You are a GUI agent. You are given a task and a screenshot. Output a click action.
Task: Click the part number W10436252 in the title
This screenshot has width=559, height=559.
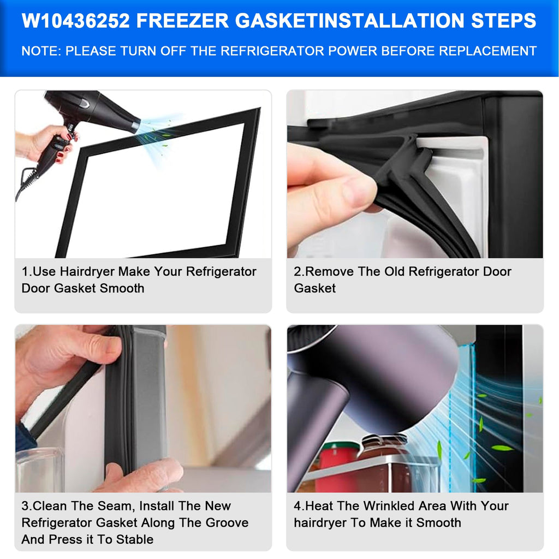click(75, 21)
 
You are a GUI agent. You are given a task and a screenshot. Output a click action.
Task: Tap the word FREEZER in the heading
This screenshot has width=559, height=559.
click(182, 21)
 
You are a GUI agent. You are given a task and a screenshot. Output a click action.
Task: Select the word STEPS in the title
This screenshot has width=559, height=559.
click(503, 21)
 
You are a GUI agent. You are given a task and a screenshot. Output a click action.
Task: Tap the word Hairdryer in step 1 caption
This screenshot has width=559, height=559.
click(87, 272)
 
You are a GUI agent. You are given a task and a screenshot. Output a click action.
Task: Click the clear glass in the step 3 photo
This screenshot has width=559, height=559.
click(39, 471)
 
